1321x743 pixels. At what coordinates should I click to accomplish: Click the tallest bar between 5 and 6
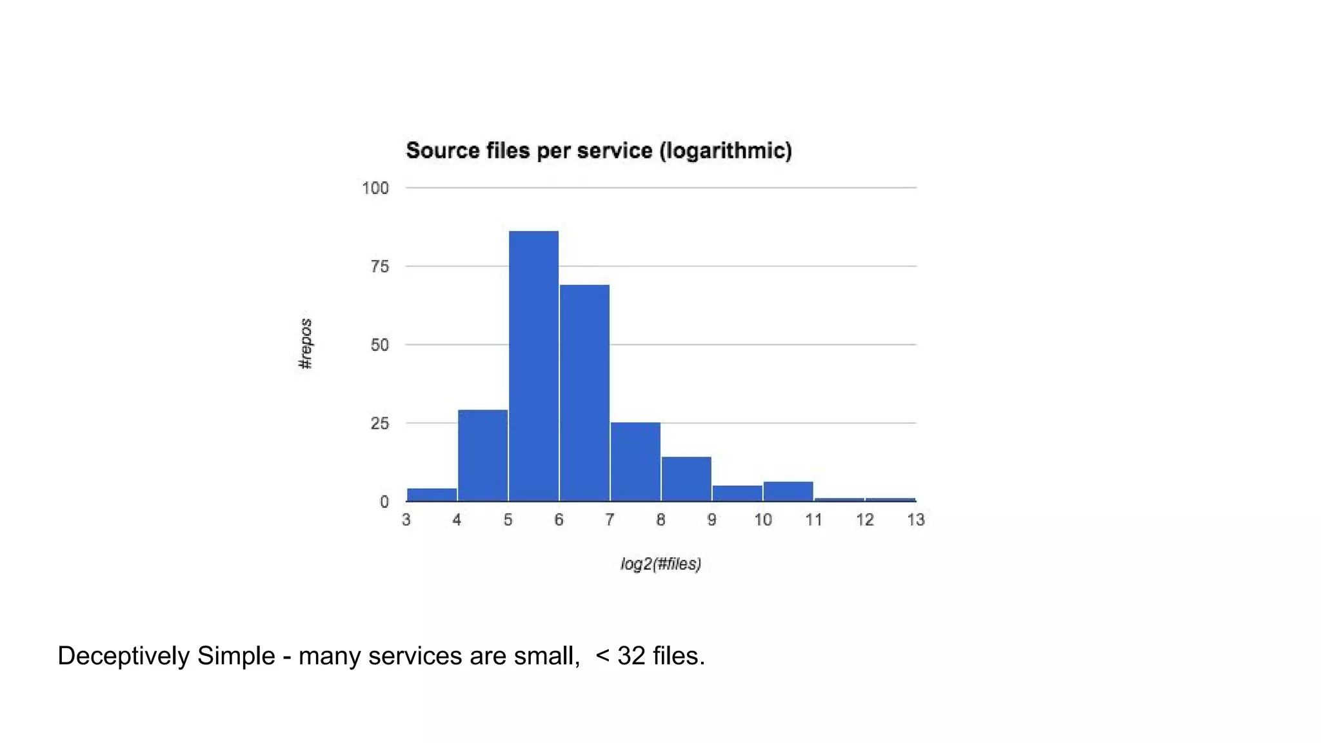(x=533, y=366)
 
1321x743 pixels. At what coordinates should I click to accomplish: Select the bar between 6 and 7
(x=584, y=392)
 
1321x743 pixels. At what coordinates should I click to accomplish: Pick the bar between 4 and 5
(x=482, y=455)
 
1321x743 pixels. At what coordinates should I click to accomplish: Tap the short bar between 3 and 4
(x=432, y=495)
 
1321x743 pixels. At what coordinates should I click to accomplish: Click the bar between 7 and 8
(x=635, y=461)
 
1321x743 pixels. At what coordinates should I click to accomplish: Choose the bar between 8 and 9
(x=686, y=479)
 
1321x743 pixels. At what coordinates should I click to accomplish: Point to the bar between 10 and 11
(x=788, y=491)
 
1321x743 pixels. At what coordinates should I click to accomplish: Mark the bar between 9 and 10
(x=737, y=493)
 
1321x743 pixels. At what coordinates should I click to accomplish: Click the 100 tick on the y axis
(x=375, y=188)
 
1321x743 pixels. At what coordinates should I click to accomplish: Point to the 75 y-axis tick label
(x=380, y=267)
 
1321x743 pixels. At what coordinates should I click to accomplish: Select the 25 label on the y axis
(x=380, y=424)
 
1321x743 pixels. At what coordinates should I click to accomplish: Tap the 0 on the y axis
(x=384, y=502)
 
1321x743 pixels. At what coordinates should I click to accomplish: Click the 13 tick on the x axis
(x=916, y=520)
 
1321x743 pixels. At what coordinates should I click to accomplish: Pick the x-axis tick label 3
(x=406, y=520)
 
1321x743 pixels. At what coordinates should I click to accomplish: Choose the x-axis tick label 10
(x=763, y=520)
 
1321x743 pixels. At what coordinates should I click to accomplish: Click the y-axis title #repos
(x=306, y=344)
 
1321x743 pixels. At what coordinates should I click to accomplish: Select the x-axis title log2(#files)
(x=660, y=564)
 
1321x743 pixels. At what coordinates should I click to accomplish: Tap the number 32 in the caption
(x=631, y=656)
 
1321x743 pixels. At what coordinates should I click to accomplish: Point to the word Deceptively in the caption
(x=123, y=656)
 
